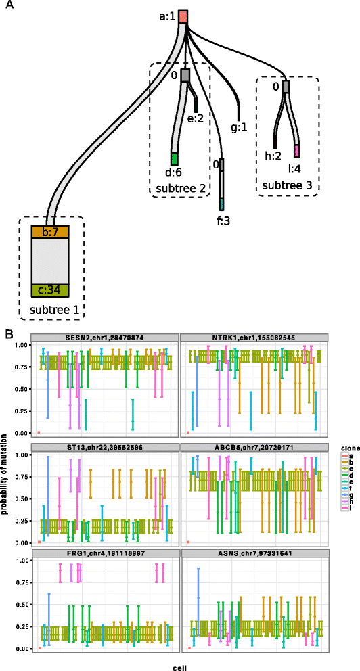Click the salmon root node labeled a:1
tap(183, 17)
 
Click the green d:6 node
tap(174, 159)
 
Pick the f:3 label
tap(222, 218)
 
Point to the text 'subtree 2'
tap(179, 187)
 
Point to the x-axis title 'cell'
tap(180, 665)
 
